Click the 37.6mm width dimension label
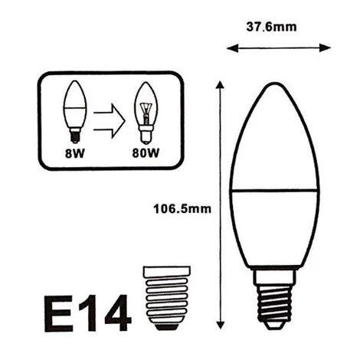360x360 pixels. [x=271, y=27]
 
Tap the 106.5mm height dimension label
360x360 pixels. [x=182, y=209]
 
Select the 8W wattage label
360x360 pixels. [x=74, y=153]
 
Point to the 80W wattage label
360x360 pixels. [x=146, y=153]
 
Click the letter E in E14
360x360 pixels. [x=58, y=313]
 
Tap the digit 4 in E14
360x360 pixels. [x=118, y=313]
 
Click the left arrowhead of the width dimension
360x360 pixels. [x=232, y=48]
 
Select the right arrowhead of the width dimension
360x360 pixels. [x=325, y=47]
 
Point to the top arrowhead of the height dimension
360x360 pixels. [x=220, y=85]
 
